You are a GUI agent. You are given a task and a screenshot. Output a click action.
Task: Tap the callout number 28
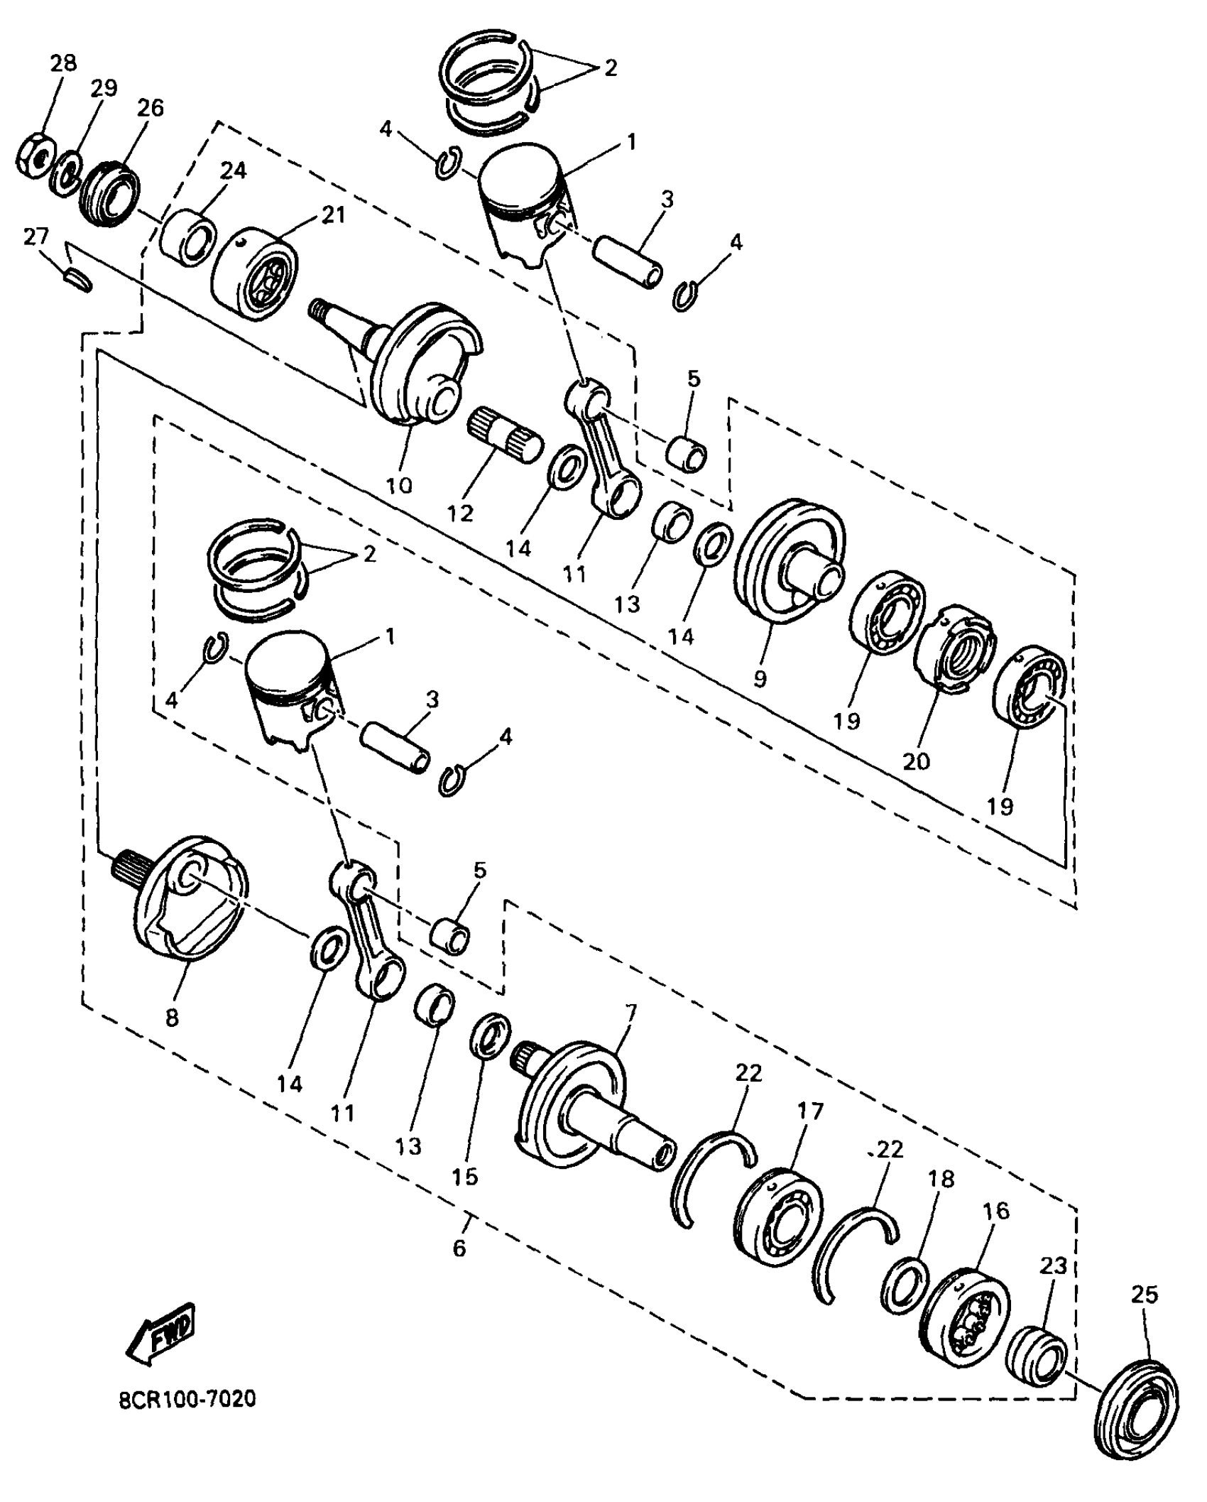63,63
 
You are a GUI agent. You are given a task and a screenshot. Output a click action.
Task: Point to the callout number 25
1145,1294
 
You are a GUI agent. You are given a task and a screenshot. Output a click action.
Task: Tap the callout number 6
459,1248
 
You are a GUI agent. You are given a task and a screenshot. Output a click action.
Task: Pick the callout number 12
460,513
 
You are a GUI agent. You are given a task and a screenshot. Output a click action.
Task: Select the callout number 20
916,761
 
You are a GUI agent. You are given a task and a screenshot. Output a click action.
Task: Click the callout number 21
332,214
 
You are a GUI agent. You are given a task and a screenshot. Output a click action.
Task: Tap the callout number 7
630,1010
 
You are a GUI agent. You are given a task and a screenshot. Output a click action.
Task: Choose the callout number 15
465,1177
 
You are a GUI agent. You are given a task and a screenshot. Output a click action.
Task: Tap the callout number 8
172,1018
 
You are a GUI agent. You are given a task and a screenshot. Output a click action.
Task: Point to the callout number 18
941,1179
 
